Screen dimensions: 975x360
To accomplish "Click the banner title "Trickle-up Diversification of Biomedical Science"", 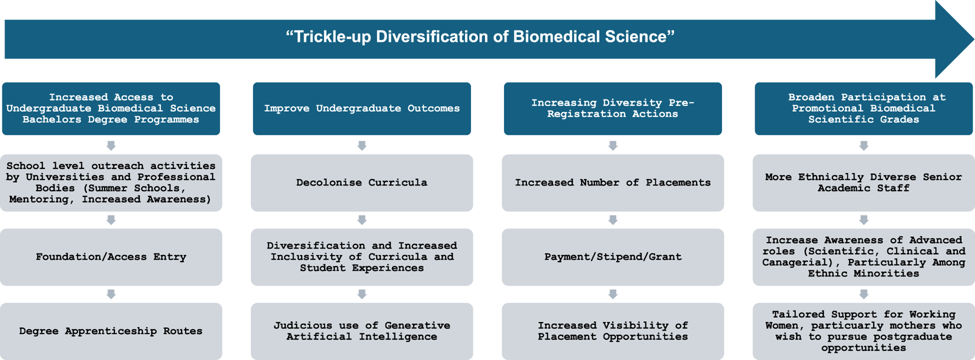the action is [x=480, y=37].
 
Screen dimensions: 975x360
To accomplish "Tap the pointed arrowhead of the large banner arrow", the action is [x=973, y=39].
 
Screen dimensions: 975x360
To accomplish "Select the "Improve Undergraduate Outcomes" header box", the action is [x=362, y=108].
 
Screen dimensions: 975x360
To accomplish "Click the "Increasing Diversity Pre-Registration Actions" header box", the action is [x=613, y=108].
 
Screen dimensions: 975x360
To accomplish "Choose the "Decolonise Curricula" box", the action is [x=362, y=183].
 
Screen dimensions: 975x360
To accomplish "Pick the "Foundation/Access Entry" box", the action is [x=111, y=257].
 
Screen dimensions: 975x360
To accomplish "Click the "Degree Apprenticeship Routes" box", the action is [x=111, y=331].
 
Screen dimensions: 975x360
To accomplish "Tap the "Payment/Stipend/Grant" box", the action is [x=613, y=257].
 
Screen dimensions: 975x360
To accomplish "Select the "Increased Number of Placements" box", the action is [x=613, y=183].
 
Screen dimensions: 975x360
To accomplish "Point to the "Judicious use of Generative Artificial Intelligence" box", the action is [x=362, y=331].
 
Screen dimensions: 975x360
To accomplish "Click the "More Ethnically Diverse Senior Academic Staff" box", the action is [x=864, y=183].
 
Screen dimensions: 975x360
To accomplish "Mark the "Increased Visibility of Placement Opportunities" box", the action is [x=613, y=331].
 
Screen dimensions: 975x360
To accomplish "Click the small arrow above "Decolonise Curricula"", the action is [x=362, y=145].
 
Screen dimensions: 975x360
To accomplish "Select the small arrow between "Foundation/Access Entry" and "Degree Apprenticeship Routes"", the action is [x=111, y=294].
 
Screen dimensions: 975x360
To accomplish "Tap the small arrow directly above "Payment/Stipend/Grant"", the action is [x=613, y=220].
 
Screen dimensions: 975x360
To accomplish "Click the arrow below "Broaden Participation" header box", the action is [x=864, y=145].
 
